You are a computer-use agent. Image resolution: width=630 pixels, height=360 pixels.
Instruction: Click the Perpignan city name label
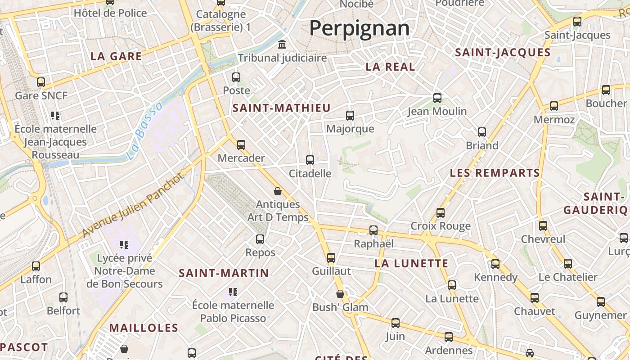click(359, 28)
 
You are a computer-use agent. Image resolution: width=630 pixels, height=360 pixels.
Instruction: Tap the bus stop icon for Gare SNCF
click(41, 82)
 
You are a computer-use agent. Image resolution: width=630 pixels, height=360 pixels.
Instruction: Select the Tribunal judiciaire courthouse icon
click(282, 45)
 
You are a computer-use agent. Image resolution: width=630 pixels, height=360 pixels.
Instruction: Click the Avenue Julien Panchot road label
click(134, 205)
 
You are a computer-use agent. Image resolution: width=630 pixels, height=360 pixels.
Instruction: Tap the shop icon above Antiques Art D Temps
click(278, 191)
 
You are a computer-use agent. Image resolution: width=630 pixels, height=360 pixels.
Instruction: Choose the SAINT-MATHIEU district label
click(282, 108)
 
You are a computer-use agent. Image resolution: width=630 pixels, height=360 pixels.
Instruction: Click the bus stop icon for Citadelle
click(310, 160)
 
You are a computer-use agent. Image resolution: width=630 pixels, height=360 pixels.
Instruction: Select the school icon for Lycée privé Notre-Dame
click(124, 245)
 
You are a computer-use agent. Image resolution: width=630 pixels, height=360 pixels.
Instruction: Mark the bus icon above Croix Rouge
click(441, 213)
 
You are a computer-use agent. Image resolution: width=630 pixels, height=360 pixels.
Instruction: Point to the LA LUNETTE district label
click(411, 264)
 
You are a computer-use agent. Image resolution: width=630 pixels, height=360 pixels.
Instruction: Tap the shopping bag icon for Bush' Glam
click(340, 294)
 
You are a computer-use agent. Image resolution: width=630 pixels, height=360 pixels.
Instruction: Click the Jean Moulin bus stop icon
click(437, 98)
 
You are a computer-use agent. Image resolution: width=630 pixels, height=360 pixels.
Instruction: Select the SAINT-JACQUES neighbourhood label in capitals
click(503, 53)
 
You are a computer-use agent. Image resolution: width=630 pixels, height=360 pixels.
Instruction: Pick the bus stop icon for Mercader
click(241, 145)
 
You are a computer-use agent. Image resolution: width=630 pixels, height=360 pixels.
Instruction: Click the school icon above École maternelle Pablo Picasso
click(233, 292)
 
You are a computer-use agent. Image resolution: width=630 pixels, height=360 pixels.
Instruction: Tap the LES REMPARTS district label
click(495, 173)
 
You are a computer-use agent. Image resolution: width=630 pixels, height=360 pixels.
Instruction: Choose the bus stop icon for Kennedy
click(495, 264)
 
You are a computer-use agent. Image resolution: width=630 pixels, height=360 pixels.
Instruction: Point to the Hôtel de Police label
click(110, 13)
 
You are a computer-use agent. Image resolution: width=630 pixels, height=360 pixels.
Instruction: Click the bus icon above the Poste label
click(236, 77)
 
